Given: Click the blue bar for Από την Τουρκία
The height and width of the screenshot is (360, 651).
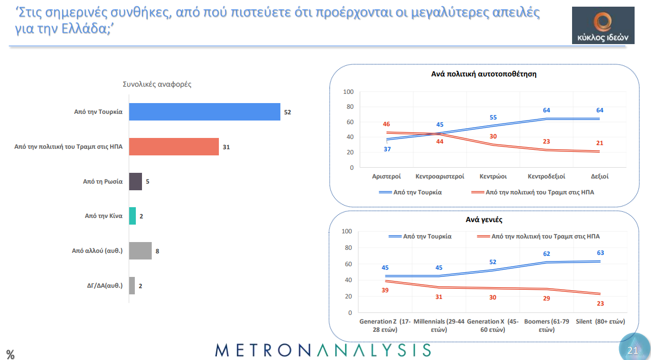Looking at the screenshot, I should (x=205, y=112).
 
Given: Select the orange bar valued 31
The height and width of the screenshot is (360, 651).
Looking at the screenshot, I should (x=174, y=147).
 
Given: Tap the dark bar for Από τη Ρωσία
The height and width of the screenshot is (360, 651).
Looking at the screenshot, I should (x=135, y=182).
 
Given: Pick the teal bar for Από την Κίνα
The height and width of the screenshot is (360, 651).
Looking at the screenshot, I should (x=132, y=216).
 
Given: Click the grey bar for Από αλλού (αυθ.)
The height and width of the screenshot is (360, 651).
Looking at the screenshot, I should (x=140, y=251).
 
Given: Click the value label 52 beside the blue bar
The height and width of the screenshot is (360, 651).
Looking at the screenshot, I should (x=288, y=112).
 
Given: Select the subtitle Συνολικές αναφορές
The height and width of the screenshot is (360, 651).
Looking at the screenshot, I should (x=157, y=84).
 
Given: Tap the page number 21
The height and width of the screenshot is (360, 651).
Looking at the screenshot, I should (x=633, y=350).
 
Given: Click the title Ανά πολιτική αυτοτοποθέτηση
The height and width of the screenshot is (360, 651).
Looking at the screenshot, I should (x=484, y=74).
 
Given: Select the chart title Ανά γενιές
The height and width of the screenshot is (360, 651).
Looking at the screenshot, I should (x=484, y=219).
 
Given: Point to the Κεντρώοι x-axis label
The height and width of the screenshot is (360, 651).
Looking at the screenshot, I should (x=493, y=176).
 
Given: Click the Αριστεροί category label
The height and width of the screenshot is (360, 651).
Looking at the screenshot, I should (x=386, y=176).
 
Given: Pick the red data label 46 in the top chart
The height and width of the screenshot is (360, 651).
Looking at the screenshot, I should (x=386, y=124).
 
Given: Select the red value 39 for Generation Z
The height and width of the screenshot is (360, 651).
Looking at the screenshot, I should (x=385, y=291).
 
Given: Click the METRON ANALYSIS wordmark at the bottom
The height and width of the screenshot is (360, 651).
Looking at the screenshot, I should (x=323, y=350).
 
